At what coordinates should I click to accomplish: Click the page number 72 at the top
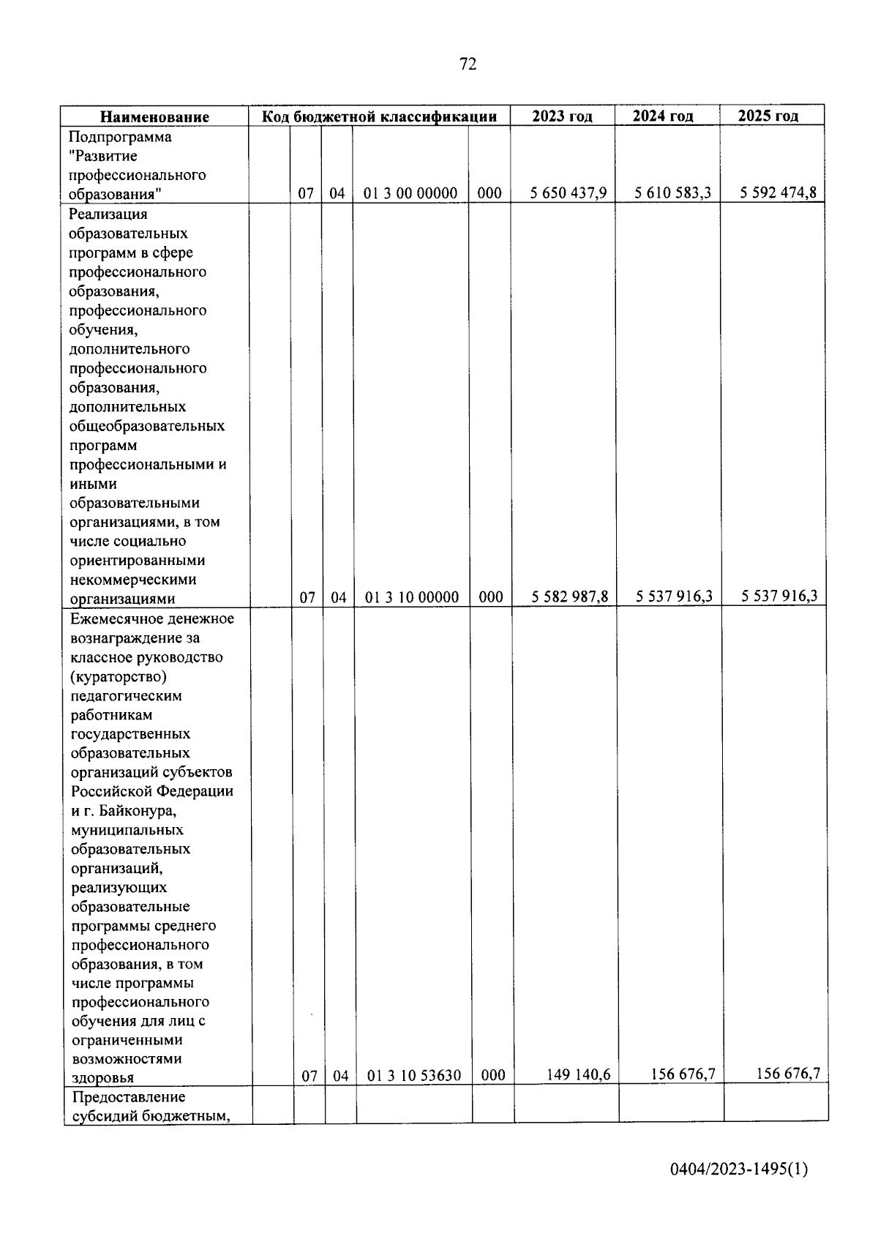pos(468,64)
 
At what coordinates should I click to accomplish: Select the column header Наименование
pos(154,116)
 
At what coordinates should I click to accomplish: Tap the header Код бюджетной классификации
pos(380,116)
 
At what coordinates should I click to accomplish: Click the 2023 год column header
pos(562,116)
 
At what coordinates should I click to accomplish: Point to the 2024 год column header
pos(663,116)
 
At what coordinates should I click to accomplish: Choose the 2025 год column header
pos(768,116)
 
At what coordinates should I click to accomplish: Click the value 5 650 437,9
pos(569,193)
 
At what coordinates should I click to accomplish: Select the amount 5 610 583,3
pos(673,193)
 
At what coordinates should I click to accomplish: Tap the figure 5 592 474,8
pos(778,193)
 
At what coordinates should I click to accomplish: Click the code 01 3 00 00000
pos(410,193)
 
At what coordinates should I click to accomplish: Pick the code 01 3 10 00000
pos(412,597)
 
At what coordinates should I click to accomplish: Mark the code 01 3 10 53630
pos(414,1075)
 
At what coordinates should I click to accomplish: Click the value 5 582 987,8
pos(570,596)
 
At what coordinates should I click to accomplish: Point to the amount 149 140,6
pos(579,1074)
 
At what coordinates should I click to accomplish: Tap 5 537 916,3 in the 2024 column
pos(674,596)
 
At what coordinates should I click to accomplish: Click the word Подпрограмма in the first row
pos(120,137)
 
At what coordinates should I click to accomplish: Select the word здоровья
pos(102,1077)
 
